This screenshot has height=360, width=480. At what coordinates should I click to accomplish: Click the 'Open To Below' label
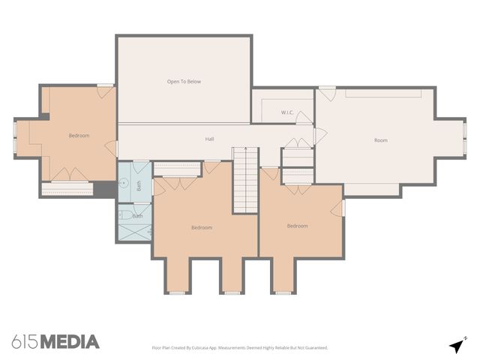point(184,81)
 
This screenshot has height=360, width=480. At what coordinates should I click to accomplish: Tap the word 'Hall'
point(210,139)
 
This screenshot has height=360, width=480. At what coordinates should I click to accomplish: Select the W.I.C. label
point(287,112)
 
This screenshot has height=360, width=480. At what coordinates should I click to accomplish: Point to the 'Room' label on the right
point(381,140)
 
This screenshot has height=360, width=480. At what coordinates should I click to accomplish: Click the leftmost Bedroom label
point(79,136)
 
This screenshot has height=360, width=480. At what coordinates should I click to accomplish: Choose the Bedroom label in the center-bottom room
point(201,227)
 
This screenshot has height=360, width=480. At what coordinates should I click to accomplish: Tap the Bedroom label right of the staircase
point(297,226)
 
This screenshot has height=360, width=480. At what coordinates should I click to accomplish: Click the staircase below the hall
point(244,180)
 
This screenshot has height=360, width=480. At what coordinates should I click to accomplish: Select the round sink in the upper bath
point(124,181)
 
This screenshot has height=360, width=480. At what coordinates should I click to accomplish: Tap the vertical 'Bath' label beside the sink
point(139,186)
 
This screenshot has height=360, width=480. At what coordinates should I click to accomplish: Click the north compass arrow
point(457,345)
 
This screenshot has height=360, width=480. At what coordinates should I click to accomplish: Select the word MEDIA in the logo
point(69,342)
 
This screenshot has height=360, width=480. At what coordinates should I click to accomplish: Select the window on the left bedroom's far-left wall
point(14,136)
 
